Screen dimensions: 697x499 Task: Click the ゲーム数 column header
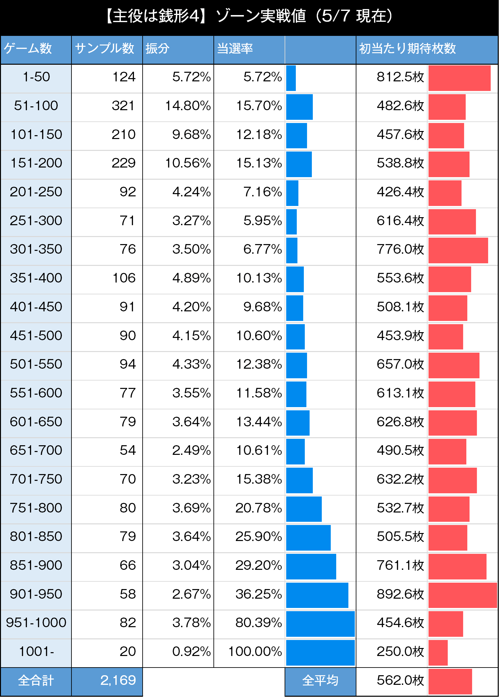[28, 49]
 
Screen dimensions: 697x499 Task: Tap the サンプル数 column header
[104, 49]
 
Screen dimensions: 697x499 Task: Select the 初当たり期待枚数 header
[407, 49]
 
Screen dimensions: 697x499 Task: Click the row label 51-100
[36, 106]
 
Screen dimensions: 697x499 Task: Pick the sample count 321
[123, 106]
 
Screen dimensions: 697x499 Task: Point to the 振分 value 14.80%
[188, 106]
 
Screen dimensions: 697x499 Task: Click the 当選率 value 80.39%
[259, 623]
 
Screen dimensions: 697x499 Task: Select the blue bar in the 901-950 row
[317, 595]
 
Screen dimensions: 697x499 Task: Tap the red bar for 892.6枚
[462, 595]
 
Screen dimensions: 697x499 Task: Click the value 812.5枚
[400, 77]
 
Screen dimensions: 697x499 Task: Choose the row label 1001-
[36, 652]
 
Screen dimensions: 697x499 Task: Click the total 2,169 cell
[118, 680]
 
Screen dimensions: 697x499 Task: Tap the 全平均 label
[320, 681]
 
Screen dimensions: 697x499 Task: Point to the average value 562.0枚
[400, 680]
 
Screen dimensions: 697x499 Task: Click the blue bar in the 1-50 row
[291, 78]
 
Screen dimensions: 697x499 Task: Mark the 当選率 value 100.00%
[255, 652]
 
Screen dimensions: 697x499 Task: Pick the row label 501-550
[36, 364]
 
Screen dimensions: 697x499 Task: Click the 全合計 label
[36, 681]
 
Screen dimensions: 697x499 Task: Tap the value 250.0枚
[400, 652]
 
